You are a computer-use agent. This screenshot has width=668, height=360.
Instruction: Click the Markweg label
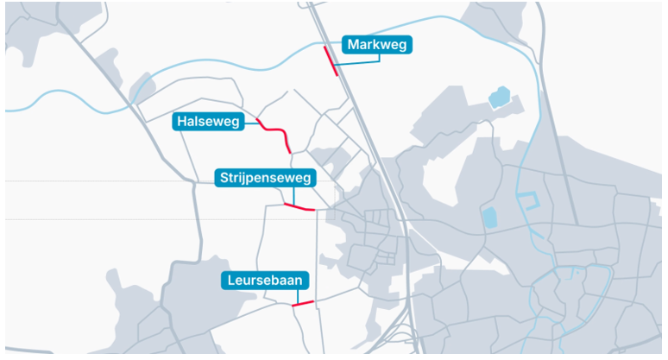tap(377, 45)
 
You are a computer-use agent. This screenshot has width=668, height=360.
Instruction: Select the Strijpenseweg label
tap(265, 178)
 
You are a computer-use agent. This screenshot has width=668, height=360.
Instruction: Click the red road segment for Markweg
tap(331, 61)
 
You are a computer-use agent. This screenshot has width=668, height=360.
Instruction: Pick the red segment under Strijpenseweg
tap(299, 207)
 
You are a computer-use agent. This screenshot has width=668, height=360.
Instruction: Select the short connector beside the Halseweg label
tap(252, 122)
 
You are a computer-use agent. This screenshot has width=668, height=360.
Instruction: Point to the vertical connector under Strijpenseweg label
tap(295, 197)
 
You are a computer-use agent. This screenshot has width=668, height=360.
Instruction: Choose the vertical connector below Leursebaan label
tap(299, 296)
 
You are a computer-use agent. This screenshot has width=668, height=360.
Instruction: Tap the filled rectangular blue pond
tap(490, 217)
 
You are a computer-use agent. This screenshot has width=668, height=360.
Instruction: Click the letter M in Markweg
tap(353, 45)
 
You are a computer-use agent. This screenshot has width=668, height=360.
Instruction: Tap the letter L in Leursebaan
tap(231, 281)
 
